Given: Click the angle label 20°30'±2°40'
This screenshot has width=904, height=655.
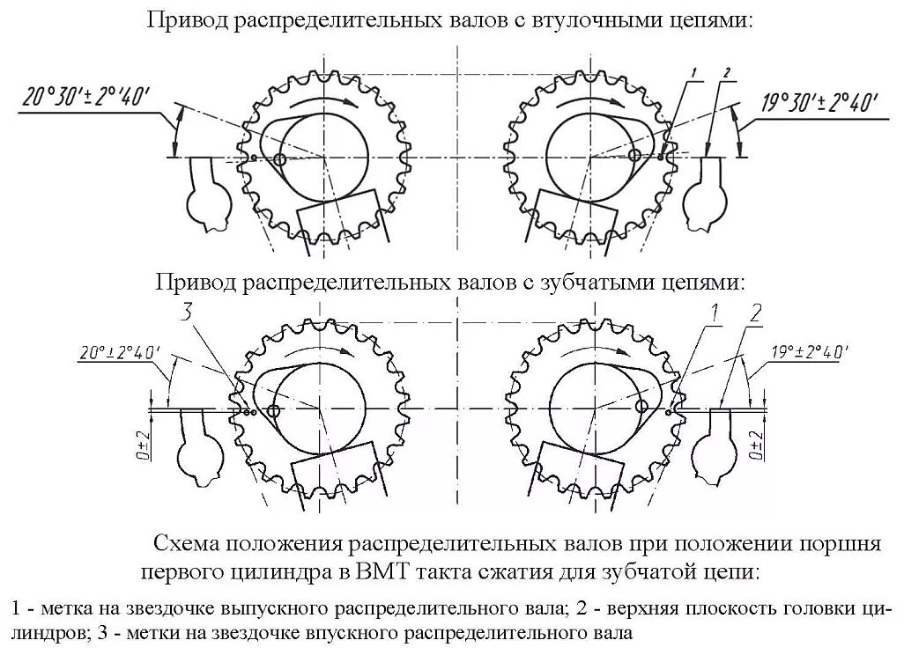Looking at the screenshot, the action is (91, 96).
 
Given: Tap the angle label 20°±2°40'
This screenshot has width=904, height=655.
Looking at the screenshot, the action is (117, 352).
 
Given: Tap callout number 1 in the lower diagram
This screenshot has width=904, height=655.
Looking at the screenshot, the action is (715, 310).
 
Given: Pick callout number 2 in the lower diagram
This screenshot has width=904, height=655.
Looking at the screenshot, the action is (756, 311).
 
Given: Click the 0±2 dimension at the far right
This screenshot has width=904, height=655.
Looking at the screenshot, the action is (756, 446).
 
